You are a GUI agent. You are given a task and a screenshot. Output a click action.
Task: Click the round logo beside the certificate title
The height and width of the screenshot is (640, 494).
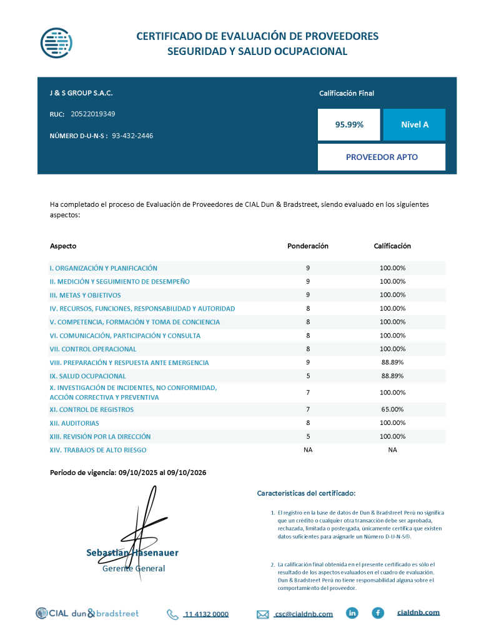(x=57, y=42)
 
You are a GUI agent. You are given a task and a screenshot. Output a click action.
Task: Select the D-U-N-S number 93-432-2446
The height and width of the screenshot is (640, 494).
(x=132, y=136)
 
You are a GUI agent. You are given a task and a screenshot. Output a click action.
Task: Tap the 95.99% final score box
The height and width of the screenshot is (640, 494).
(x=349, y=124)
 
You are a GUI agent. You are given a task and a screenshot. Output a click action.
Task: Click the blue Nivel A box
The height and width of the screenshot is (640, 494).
(x=414, y=124)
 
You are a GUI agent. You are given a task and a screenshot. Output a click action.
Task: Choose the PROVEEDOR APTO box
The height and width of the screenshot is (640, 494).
(x=382, y=157)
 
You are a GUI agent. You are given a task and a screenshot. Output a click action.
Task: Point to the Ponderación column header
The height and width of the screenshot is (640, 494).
(x=308, y=246)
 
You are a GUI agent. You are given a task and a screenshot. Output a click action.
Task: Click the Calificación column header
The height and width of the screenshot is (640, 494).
(x=392, y=246)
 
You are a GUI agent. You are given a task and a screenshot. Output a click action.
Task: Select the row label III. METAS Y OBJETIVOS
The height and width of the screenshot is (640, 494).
(x=86, y=295)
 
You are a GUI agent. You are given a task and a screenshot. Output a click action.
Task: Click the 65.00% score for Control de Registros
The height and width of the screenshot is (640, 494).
(x=392, y=409)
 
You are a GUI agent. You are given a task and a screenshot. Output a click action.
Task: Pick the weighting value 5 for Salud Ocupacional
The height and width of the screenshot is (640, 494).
(x=308, y=376)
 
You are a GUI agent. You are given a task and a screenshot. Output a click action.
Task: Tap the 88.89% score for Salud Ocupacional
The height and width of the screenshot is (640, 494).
(x=392, y=376)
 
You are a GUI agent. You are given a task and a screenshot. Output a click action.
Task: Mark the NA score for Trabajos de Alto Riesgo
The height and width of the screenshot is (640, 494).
(x=392, y=450)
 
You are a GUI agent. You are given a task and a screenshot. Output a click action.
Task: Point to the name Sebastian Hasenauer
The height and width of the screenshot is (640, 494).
(x=132, y=552)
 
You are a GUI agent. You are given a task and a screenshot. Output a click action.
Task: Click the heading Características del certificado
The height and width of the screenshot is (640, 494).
(x=306, y=494)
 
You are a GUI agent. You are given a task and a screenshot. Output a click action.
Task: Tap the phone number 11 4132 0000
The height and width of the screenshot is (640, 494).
(x=206, y=614)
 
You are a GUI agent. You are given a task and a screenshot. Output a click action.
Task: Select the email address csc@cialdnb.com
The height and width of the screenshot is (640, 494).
(x=304, y=614)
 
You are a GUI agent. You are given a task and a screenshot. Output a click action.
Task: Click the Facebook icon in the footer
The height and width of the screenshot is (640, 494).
(x=378, y=613)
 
